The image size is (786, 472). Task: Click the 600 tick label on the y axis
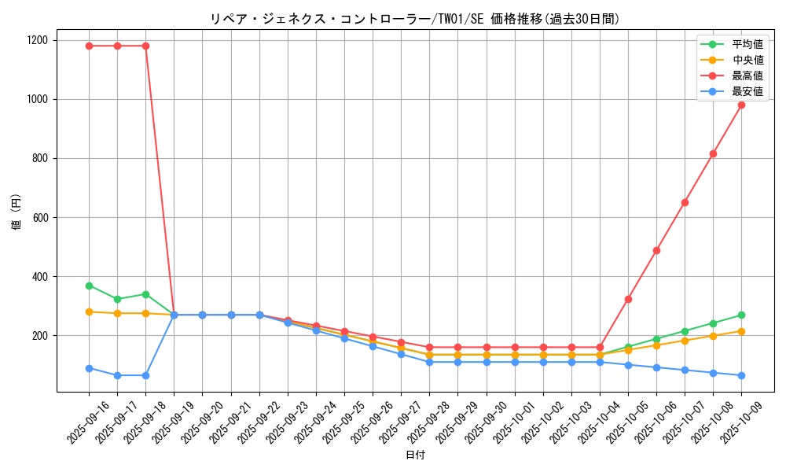click(x=41, y=217)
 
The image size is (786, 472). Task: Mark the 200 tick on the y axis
click(x=41, y=335)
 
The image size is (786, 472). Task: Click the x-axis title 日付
click(x=415, y=455)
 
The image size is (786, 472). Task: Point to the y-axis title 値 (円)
click(x=17, y=214)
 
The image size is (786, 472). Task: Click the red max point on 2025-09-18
click(x=145, y=46)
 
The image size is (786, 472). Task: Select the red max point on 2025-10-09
click(x=741, y=105)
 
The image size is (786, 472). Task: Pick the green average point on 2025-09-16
click(x=89, y=286)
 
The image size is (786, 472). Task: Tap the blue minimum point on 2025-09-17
click(x=117, y=375)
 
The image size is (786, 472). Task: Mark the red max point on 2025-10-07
click(x=685, y=202)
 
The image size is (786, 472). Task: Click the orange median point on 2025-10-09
click(x=741, y=331)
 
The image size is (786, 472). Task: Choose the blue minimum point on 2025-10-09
click(x=741, y=375)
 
